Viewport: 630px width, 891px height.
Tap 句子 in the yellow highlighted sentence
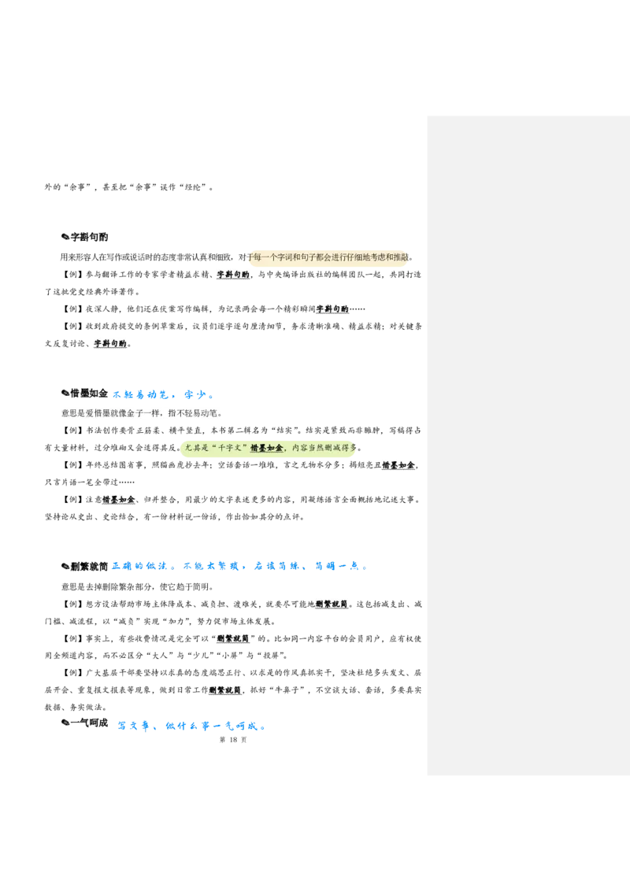tap(314, 257)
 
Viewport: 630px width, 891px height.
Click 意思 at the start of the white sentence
tap(69, 412)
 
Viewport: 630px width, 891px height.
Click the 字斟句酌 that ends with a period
tap(110, 344)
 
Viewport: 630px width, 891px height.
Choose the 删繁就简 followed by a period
tap(332, 604)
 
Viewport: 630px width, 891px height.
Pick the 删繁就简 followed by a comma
tap(227, 690)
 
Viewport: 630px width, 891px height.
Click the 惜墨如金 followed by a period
tap(119, 500)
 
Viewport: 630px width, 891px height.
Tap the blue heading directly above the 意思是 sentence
tap(162, 394)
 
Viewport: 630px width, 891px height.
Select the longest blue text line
tap(239, 566)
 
